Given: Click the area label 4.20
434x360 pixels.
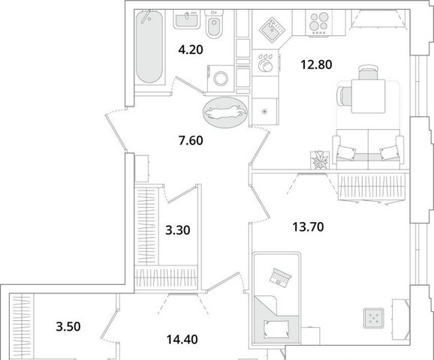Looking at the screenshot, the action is pyautogui.click(x=191, y=50).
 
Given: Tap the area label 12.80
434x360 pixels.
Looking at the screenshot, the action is pyautogui.click(x=316, y=64).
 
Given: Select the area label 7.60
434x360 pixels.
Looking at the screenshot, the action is pyautogui.click(x=191, y=140).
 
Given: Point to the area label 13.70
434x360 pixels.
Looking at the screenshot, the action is pyautogui.click(x=308, y=227).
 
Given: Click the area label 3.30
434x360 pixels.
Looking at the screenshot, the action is pyautogui.click(x=178, y=230).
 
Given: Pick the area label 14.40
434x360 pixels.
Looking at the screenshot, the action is pyautogui.click(x=182, y=339).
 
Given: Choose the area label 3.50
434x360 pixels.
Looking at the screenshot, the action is pyautogui.click(x=68, y=326).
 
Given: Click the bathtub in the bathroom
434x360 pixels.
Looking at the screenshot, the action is pyautogui.click(x=149, y=46).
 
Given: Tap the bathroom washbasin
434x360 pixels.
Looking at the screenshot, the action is pyautogui.click(x=187, y=19).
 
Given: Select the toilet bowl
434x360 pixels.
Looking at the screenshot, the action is pyautogui.click(x=214, y=24).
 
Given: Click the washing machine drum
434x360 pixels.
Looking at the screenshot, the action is pyautogui.click(x=221, y=79).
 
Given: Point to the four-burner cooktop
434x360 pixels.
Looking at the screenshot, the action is pyautogui.click(x=318, y=22).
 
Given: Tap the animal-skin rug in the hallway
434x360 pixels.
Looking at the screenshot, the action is pyautogui.click(x=225, y=112).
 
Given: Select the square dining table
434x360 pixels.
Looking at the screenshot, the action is pyautogui.click(x=368, y=96).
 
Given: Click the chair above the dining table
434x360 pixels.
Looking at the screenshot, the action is pyautogui.click(x=368, y=73).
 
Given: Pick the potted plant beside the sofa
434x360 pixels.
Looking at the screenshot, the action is pyautogui.click(x=319, y=160).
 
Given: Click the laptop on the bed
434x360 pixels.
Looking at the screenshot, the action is pyautogui.click(x=280, y=277).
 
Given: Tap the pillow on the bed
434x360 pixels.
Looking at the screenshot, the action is pyautogui.click(x=276, y=328).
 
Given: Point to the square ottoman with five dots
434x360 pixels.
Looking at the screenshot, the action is pyautogui.click(x=374, y=318).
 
